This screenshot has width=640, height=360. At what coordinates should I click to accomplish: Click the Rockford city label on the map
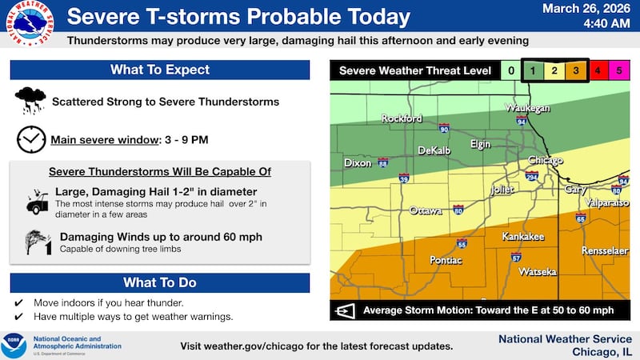coord(402,118)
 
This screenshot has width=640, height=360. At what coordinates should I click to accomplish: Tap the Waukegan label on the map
coord(526,108)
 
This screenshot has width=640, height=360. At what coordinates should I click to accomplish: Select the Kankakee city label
coord(522,237)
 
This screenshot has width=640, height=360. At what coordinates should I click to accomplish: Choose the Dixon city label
coord(357,162)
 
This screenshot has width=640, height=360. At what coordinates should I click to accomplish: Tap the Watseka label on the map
coord(538,272)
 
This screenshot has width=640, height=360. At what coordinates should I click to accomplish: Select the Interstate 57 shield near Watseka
coord(516,258)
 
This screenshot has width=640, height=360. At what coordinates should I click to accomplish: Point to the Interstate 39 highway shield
coord(405,179)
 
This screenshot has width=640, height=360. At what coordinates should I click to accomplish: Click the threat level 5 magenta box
coord(617,71)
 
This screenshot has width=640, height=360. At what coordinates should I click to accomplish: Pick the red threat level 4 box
coord(598,71)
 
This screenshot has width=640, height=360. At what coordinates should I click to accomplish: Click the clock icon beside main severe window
coord(30,139)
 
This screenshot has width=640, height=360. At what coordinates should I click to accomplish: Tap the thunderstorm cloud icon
coord(30,101)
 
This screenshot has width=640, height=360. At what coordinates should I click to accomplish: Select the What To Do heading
coord(160,283)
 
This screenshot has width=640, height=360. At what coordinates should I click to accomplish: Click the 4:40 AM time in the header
coord(588,25)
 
